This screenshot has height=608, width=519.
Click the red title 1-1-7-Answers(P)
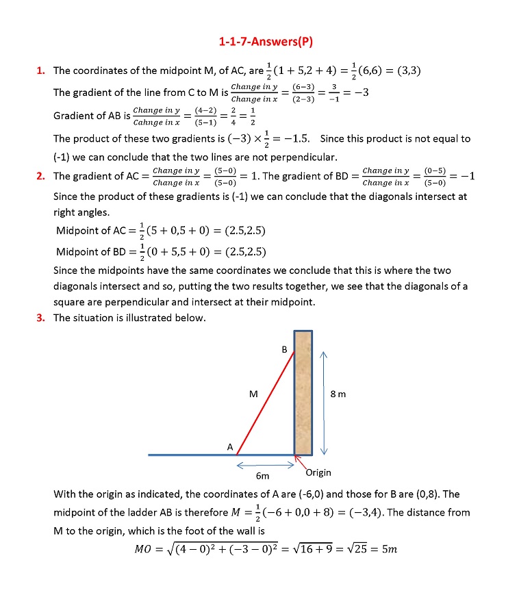[265, 42]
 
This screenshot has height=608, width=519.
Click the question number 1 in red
[40, 70]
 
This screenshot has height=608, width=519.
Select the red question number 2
[40, 176]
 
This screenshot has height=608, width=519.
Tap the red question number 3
[40, 318]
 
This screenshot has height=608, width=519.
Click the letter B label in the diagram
[285, 350]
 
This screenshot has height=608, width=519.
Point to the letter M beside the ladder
[253, 394]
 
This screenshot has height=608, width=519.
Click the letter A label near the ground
[230, 446]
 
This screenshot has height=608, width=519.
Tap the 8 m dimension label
[338, 394]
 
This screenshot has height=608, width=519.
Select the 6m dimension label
[262, 475]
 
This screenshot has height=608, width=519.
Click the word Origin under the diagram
[318, 472]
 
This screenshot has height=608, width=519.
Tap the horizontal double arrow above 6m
[264, 465]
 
